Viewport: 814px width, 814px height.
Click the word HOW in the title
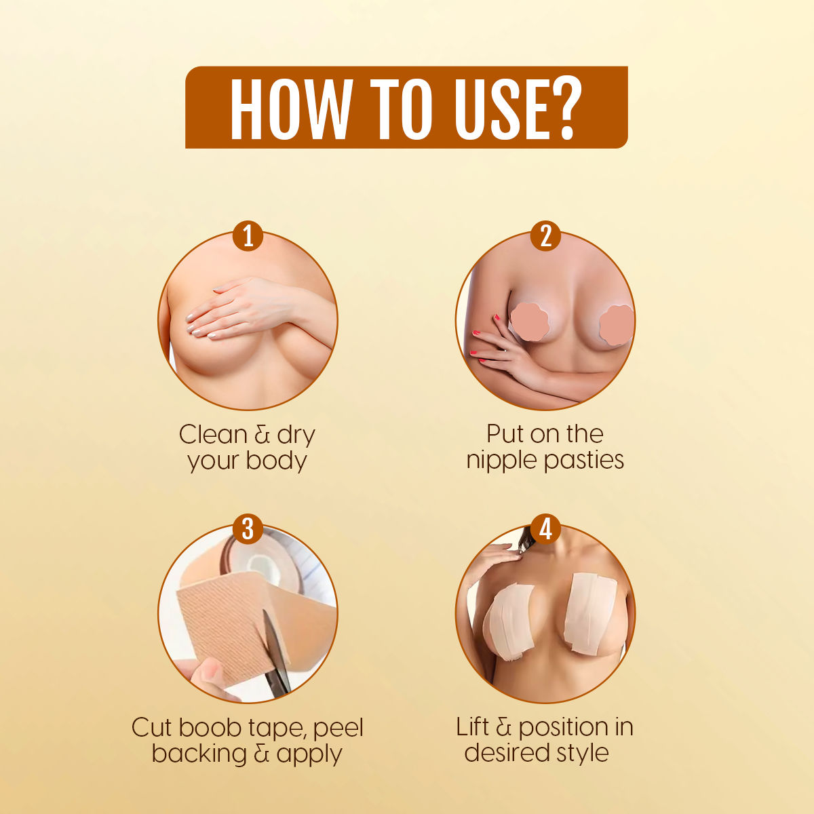[291, 108]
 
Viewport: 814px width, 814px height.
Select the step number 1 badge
[248, 235]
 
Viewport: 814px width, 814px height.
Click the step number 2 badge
[545, 235]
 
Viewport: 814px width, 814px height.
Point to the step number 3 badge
[248, 528]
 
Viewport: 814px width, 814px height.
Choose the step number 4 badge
[545, 528]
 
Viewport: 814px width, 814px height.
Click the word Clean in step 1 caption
[213, 434]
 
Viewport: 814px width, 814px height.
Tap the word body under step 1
[276, 460]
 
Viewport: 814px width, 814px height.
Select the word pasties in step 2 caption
[584, 460]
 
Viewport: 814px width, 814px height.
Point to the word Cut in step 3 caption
[152, 727]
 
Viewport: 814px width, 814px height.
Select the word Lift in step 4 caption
[473, 727]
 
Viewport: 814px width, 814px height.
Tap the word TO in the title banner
[402, 108]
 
